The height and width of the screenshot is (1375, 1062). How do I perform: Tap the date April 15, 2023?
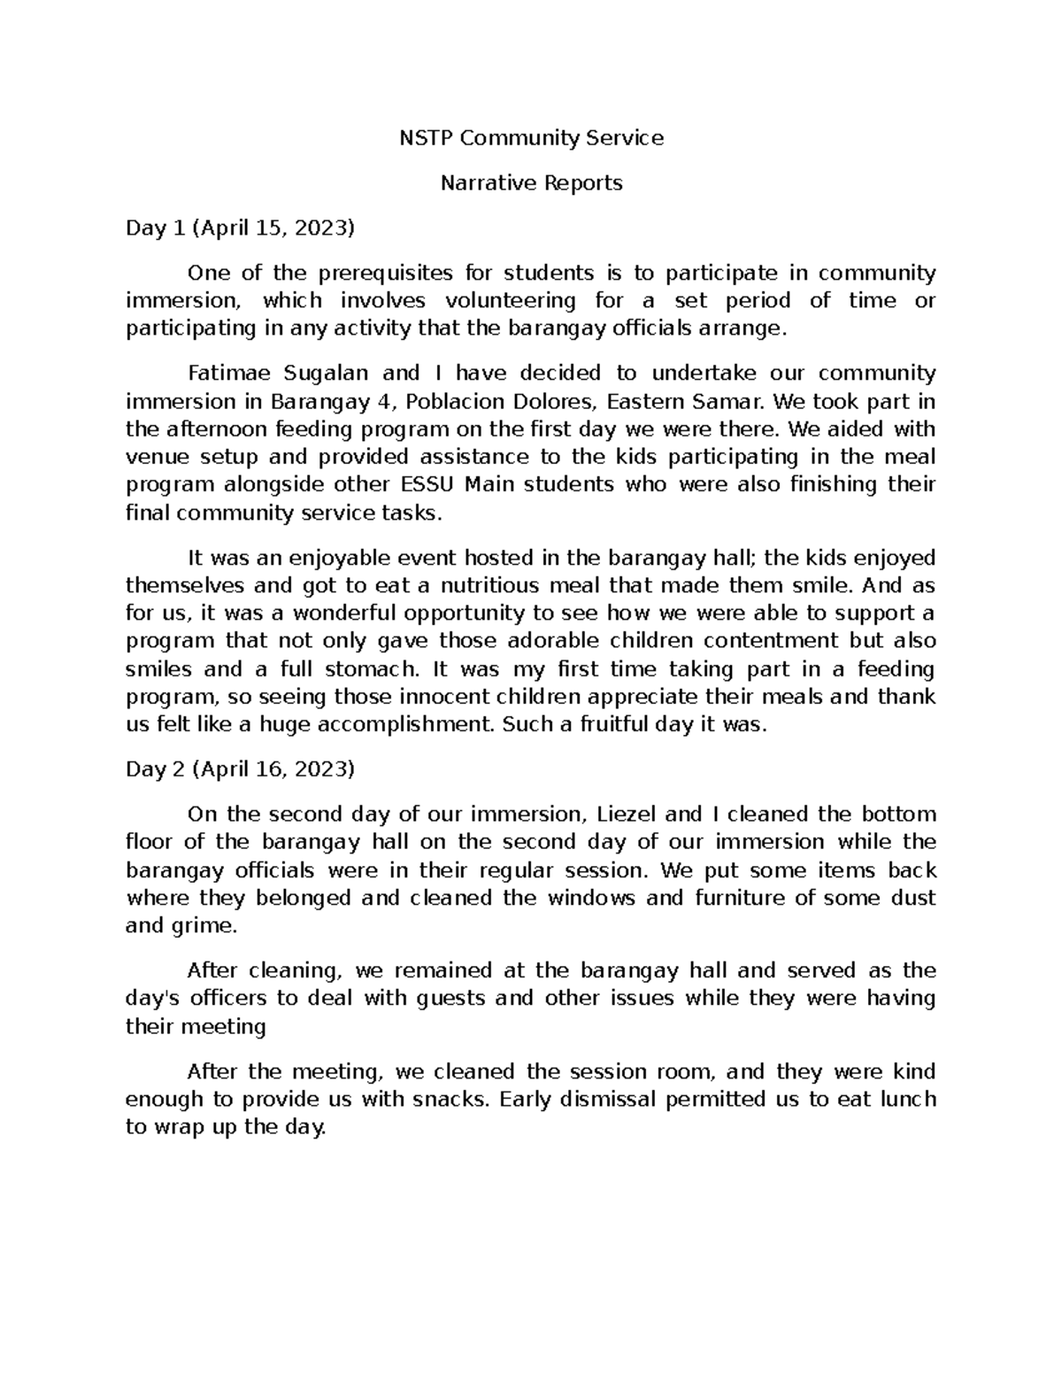pyautogui.click(x=273, y=228)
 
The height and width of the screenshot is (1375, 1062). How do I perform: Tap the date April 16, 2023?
pyautogui.click(x=273, y=769)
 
